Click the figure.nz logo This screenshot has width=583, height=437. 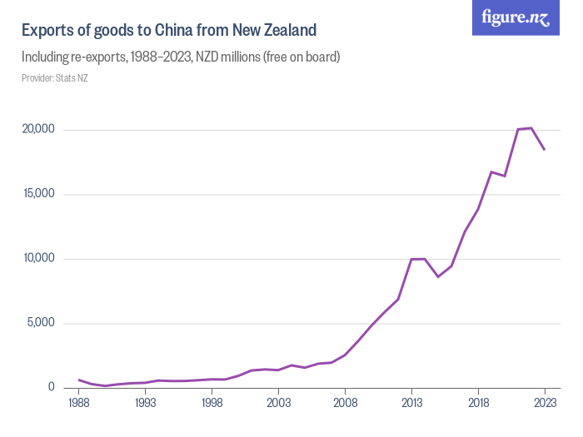pyautogui.click(x=516, y=17)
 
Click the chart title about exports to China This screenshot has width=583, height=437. pyautogui.click(x=169, y=31)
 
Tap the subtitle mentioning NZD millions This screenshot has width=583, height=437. pyautogui.click(x=181, y=57)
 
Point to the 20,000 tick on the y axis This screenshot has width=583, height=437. pyautogui.click(x=37, y=130)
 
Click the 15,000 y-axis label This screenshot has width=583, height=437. pyautogui.click(x=37, y=194)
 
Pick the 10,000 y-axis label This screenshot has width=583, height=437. pyautogui.click(x=37, y=259)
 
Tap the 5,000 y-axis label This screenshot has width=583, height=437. pyautogui.click(x=39, y=323)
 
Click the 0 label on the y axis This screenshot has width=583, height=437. pyautogui.click(x=50, y=388)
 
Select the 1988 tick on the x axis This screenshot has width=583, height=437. pyautogui.click(x=79, y=403)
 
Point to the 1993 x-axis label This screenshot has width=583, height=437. pyautogui.click(x=146, y=403)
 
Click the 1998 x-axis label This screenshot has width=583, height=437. pyautogui.click(x=212, y=403)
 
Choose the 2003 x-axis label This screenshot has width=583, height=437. pyautogui.click(x=279, y=403)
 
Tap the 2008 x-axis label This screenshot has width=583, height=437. pyautogui.click(x=346, y=403)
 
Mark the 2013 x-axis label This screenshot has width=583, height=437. pyautogui.click(x=411, y=403)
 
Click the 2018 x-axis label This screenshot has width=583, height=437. pyautogui.click(x=478, y=403)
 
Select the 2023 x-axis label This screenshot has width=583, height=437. pyautogui.click(x=545, y=403)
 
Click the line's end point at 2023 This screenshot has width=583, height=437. pyautogui.click(x=545, y=150)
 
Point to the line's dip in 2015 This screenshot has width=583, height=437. pyautogui.click(x=438, y=276)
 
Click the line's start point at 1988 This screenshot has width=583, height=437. pyautogui.click(x=79, y=380)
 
